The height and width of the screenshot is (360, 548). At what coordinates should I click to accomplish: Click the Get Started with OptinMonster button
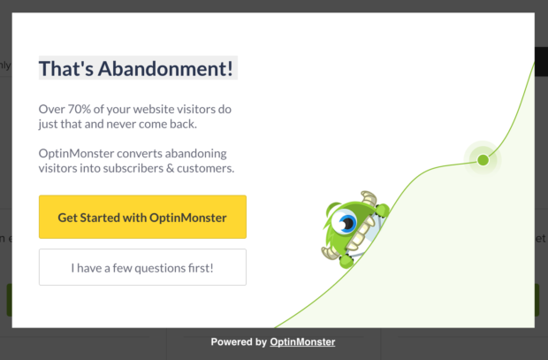(x=142, y=218)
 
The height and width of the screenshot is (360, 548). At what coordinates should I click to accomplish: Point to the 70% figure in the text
(x=81, y=109)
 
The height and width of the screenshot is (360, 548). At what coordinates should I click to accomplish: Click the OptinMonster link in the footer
(x=302, y=342)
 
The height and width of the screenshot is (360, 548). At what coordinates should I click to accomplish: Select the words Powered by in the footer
(x=238, y=342)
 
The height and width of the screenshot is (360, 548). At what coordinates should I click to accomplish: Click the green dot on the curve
(x=483, y=160)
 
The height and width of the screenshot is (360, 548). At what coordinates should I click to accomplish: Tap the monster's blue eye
(x=348, y=225)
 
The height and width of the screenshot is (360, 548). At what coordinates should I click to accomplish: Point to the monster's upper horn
(x=369, y=200)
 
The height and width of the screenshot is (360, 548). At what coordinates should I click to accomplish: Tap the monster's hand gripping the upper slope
(x=383, y=209)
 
